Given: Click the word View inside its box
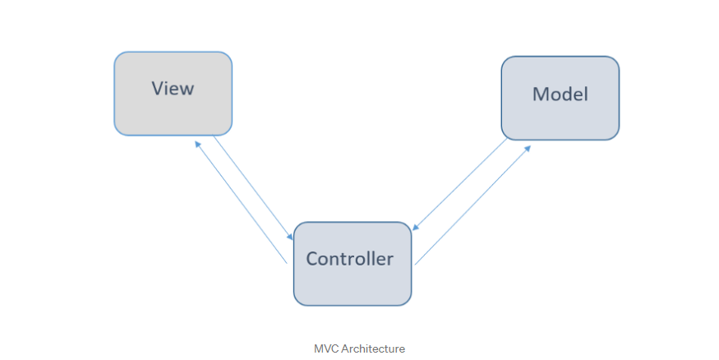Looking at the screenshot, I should (173, 88).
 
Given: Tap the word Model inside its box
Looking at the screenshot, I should (560, 94).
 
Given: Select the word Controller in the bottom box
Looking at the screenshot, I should (350, 259).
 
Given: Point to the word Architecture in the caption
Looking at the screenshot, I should (373, 348).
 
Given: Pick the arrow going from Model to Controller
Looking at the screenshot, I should (460, 185).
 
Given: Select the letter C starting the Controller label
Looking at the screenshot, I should (311, 259).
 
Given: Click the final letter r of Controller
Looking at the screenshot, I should (390, 260).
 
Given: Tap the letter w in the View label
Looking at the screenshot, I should (187, 89).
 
